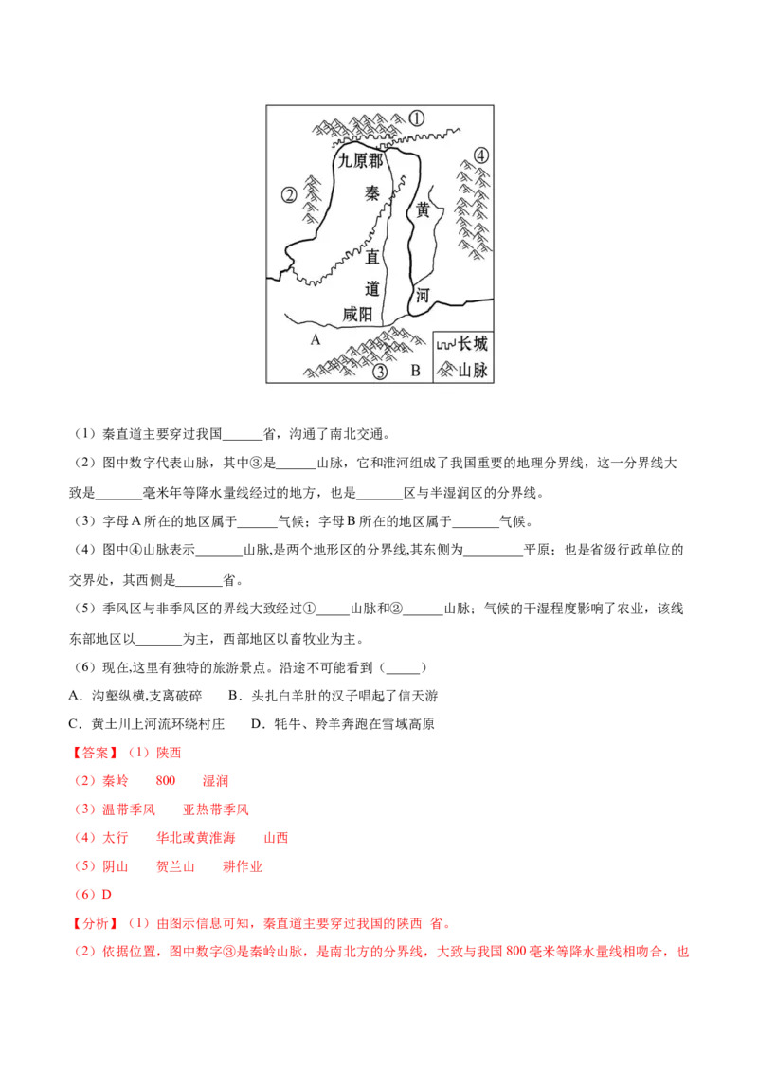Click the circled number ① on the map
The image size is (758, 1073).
[x=417, y=118]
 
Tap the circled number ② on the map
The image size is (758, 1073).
[x=289, y=195]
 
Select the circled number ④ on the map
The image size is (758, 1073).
[x=481, y=155]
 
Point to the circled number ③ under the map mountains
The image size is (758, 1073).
[x=380, y=372]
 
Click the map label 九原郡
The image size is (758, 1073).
[x=361, y=161]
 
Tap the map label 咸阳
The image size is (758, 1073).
[x=357, y=314]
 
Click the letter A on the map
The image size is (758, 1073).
[x=315, y=339]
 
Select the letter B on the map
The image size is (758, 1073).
[x=415, y=371]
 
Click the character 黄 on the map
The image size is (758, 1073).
[x=424, y=209]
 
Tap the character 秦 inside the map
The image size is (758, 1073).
[x=371, y=193]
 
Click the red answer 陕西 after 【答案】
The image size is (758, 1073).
[x=169, y=753]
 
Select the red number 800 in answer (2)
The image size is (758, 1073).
[x=166, y=781]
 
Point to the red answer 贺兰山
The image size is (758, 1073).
[x=176, y=866]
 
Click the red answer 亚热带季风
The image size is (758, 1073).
[x=216, y=809]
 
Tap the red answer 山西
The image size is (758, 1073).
[x=277, y=838]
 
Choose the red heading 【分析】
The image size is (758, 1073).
[x=95, y=923]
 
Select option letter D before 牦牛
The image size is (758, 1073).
[x=257, y=724]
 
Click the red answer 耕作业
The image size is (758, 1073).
[x=243, y=866]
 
